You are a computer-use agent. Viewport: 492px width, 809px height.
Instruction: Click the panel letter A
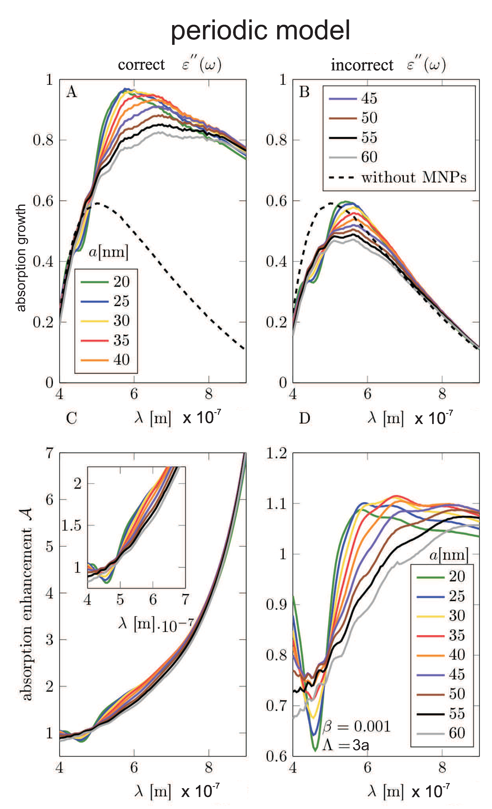[72, 92]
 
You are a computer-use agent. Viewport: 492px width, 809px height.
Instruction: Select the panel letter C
[72, 418]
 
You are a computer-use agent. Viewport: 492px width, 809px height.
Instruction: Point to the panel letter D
[305, 418]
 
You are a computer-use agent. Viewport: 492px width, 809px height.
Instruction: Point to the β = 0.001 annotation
[356, 726]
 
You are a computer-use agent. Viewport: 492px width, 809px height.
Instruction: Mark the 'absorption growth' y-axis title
[21, 258]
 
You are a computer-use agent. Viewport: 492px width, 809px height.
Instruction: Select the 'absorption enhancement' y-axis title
[26, 604]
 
